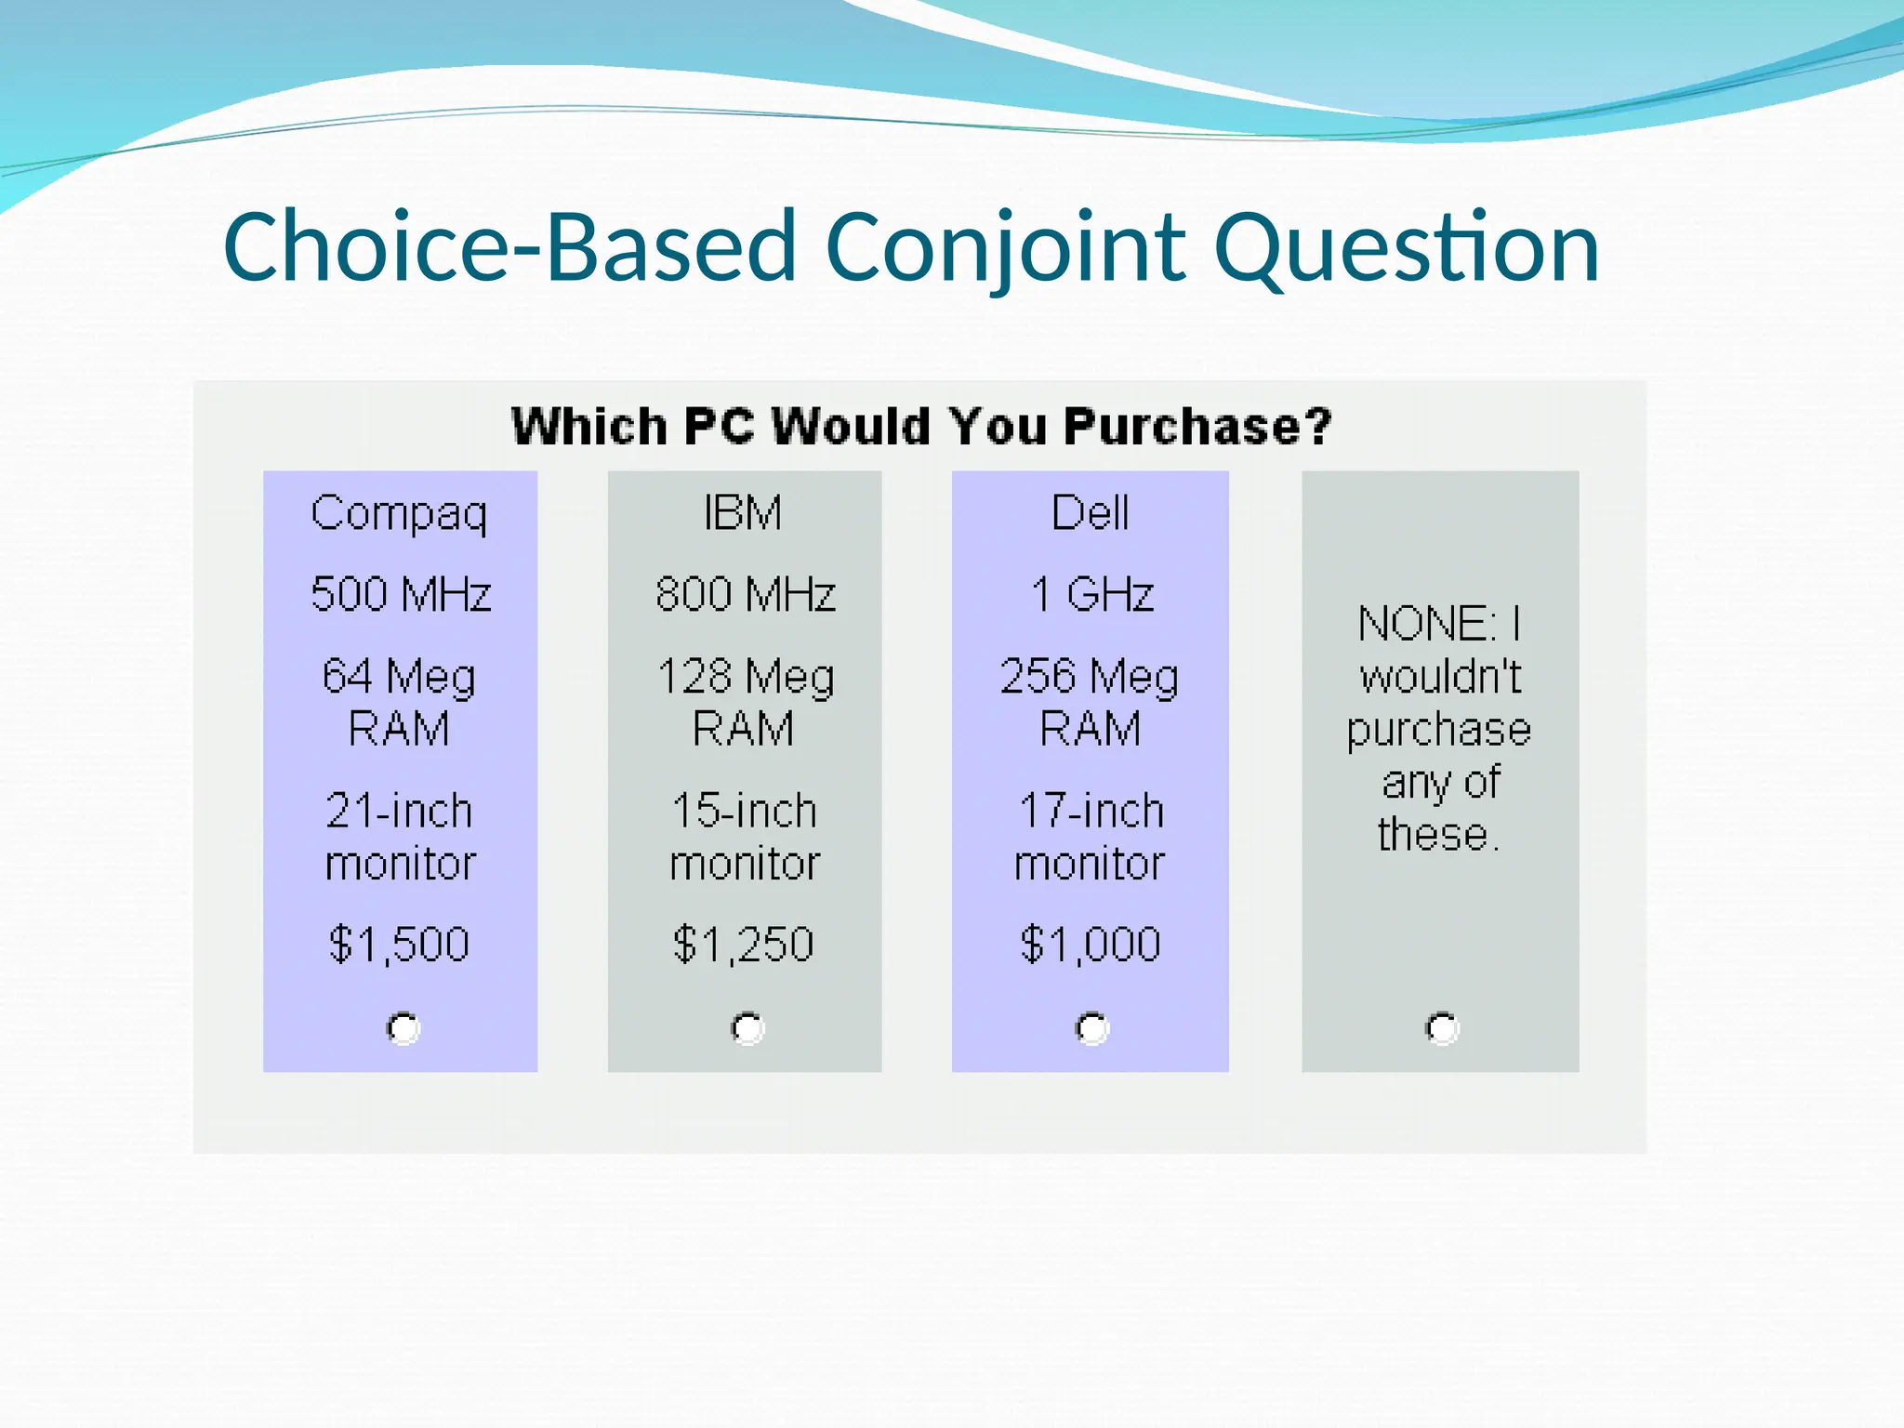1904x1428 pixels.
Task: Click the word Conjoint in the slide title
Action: (1004, 247)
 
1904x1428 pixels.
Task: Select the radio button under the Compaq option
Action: (403, 1028)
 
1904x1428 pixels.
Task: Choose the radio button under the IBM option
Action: (747, 1028)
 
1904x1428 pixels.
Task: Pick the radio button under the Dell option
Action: (1091, 1028)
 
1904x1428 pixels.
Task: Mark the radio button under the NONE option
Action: (1442, 1028)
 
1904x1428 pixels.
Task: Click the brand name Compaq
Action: (399, 513)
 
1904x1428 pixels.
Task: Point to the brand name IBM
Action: (743, 513)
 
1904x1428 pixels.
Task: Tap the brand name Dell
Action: (1090, 513)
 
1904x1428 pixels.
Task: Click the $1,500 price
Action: (399, 945)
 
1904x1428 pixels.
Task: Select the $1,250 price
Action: (743, 945)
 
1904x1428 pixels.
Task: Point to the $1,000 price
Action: (1090, 945)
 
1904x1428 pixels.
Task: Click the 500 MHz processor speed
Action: (401, 594)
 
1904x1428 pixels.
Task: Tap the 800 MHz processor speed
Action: (745, 594)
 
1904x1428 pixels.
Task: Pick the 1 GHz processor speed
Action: (1091, 594)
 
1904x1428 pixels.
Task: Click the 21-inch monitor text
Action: (400, 837)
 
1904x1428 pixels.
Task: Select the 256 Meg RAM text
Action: (1090, 702)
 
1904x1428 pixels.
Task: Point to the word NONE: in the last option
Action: (1426, 624)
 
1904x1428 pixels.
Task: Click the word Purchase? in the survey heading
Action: (1197, 427)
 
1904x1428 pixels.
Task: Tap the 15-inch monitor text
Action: (744, 837)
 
